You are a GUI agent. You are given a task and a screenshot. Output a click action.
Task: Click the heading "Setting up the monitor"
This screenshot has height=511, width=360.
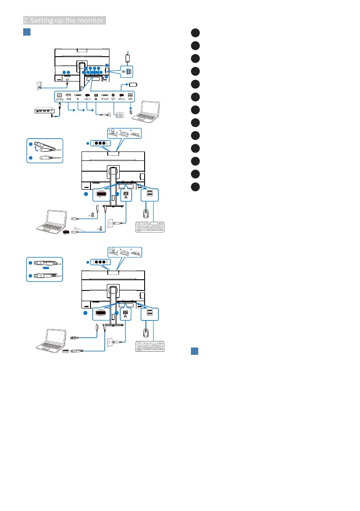(x=64, y=20)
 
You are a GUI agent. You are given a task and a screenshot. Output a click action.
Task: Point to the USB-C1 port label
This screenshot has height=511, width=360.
(x=87, y=99)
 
